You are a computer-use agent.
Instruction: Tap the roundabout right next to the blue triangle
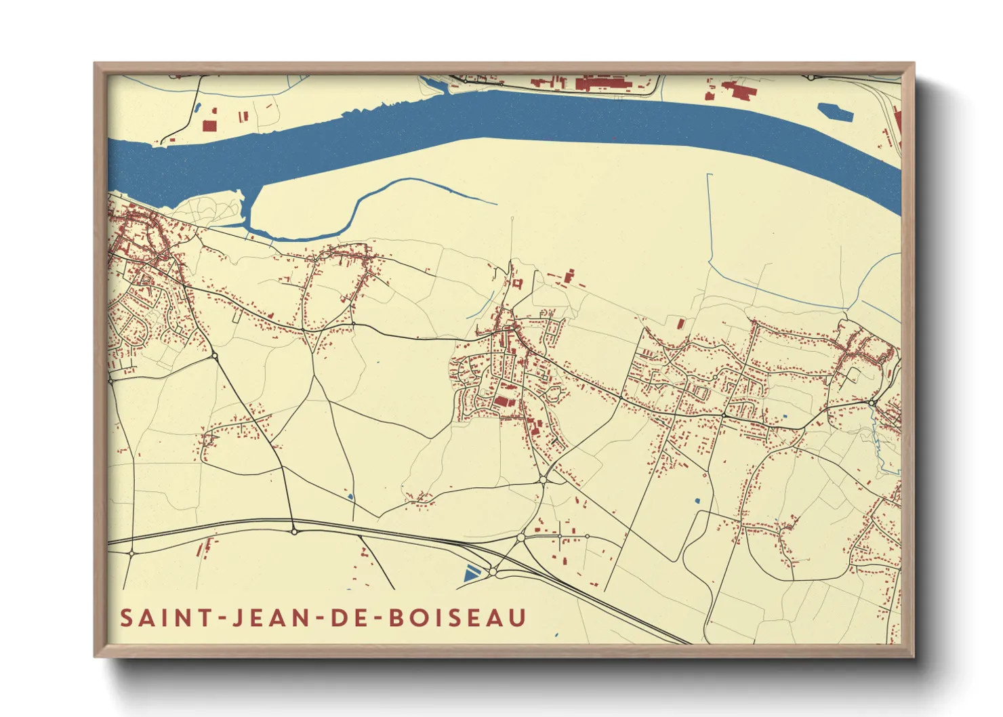click(x=493, y=573)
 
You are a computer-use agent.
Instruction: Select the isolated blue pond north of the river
click(x=835, y=112)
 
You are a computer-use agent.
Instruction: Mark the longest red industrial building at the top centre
click(x=603, y=84)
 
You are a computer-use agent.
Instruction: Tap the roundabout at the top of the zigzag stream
click(x=873, y=404)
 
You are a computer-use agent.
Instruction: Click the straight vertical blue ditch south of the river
click(x=709, y=217)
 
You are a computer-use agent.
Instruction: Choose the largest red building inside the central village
click(x=504, y=401)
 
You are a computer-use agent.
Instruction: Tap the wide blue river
click(x=474, y=119)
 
